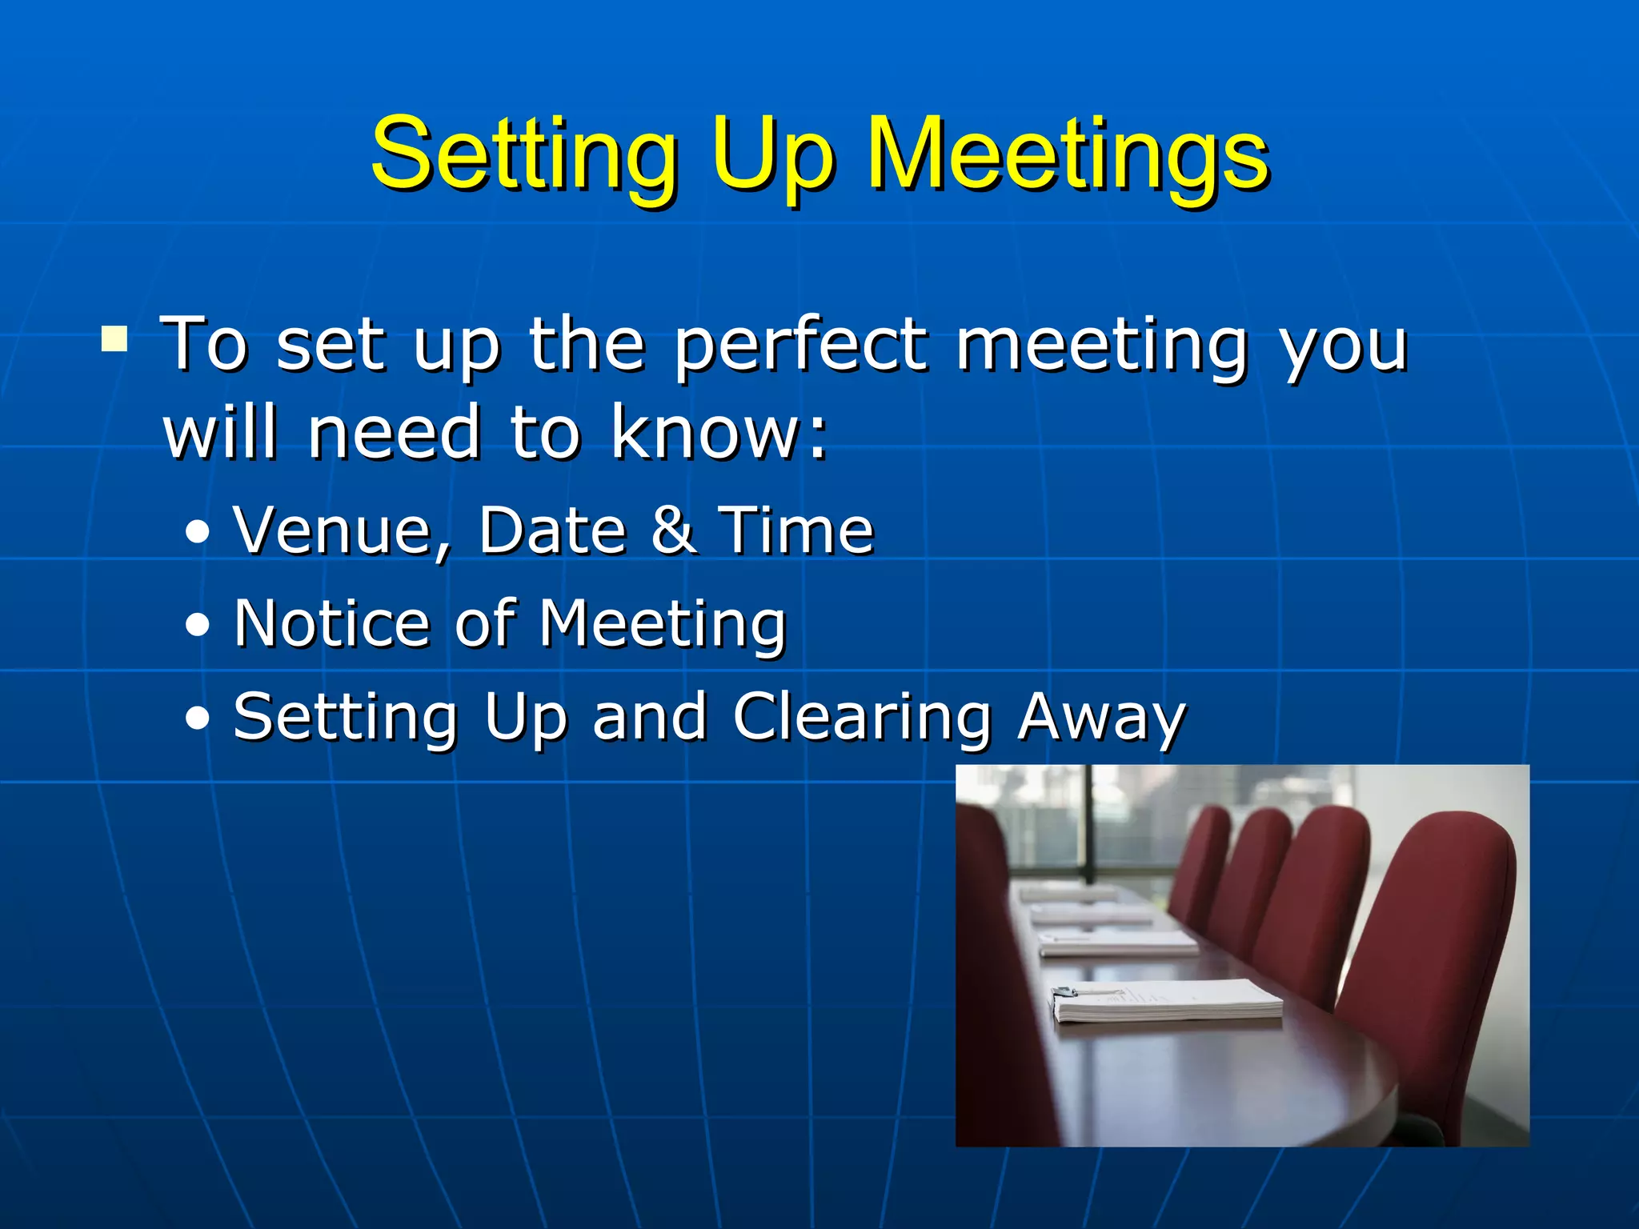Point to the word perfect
(801, 346)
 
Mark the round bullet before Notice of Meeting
(197, 625)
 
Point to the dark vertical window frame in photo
(1088, 824)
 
